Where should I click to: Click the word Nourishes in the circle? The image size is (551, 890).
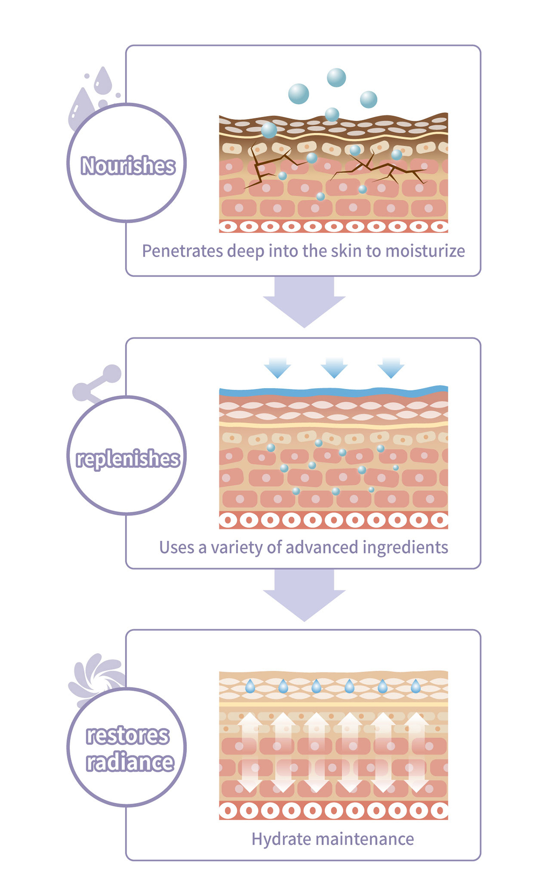(x=128, y=165)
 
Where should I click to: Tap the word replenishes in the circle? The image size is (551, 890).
(x=128, y=459)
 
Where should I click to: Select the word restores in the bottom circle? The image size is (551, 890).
(x=128, y=735)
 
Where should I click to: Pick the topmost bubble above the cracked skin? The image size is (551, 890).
(x=336, y=78)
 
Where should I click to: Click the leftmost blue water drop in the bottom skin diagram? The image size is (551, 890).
(x=250, y=686)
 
